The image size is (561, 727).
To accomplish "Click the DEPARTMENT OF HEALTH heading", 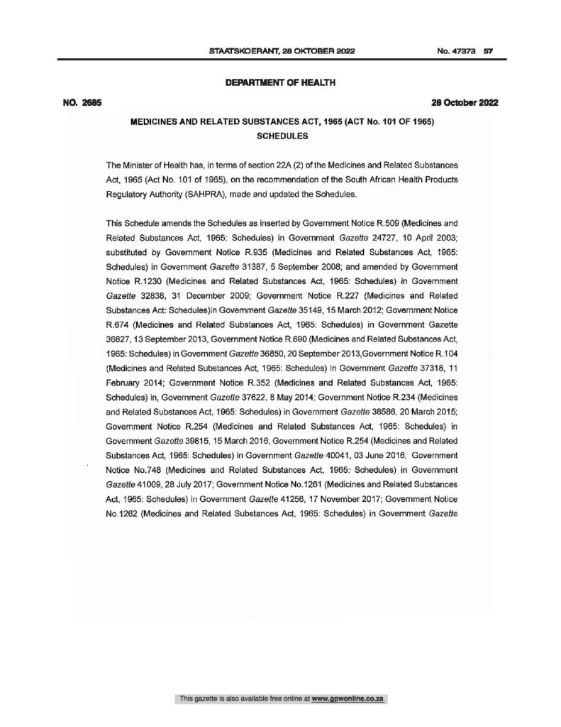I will click(280, 83).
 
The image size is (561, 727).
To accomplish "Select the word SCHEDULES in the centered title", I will click(280, 137).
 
